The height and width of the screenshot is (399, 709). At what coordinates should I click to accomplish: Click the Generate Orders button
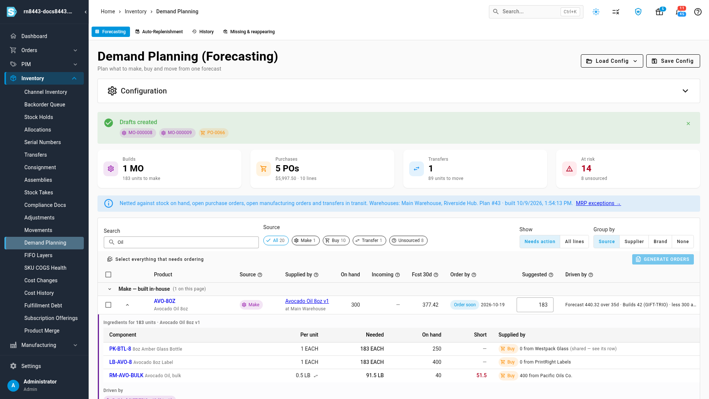click(663, 259)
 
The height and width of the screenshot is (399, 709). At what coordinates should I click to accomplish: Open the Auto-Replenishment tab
click(159, 32)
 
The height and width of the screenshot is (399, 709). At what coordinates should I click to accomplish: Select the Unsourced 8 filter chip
click(408, 241)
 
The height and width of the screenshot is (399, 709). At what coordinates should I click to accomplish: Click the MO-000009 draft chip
click(177, 133)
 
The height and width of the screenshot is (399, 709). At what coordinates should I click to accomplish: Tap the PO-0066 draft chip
click(213, 133)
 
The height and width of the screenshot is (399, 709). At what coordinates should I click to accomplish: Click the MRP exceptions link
click(598, 203)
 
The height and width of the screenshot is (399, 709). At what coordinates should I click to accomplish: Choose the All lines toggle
click(575, 242)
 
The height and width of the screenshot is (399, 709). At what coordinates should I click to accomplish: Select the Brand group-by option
click(660, 242)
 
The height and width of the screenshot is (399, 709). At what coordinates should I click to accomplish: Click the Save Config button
click(673, 61)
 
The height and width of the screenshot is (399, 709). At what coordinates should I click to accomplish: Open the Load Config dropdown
click(612, 61)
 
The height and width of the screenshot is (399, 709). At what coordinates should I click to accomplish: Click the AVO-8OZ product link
click(165, 301)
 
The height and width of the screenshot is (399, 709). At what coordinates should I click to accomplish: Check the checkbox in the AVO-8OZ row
click(108, 305)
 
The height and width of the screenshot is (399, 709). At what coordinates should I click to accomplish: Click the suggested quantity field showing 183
click(535, 305)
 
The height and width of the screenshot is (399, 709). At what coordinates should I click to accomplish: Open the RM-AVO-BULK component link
click(126, 375)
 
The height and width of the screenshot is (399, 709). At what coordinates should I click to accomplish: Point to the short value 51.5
click(482, 375)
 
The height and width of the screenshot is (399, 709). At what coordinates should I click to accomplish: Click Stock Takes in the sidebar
click(39, 192)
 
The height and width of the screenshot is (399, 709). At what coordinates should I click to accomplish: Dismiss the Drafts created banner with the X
click(688, 124)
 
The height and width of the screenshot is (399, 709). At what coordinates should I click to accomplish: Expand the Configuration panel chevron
click(685, 91)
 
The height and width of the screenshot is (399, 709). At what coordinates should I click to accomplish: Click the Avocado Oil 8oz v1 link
click(307, 301)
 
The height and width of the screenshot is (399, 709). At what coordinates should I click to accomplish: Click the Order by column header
click(460, 274)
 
